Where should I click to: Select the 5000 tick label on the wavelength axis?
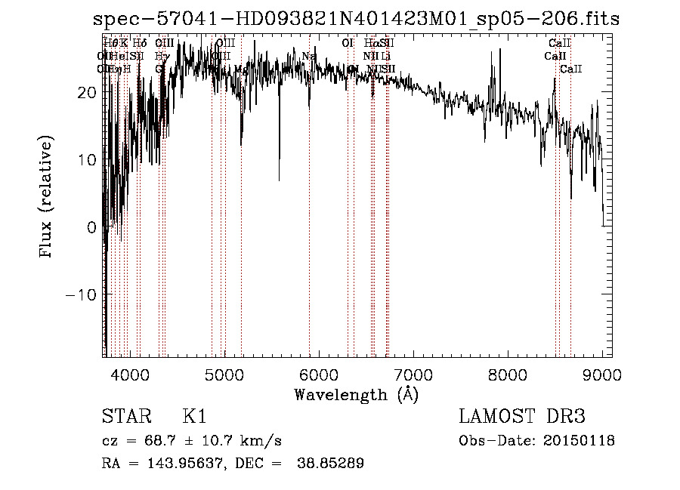(x=224, y=374)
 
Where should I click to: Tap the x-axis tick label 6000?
(x=318, y=374)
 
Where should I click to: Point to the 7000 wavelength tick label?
(x=413, y=374)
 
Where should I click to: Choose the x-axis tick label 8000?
(x=507, y=374)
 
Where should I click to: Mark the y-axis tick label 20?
(x=85, y=92)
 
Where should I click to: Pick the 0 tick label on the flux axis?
(x=91, y=227)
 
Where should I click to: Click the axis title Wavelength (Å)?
(x=356, y=394)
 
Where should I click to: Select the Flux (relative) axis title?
(x=48, y=198)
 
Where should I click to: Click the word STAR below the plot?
(x=124, y=417)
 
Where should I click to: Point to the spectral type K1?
(x=194, y=417)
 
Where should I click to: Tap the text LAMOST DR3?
(x=522, y=417)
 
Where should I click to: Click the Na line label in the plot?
(x=308, y=57)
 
